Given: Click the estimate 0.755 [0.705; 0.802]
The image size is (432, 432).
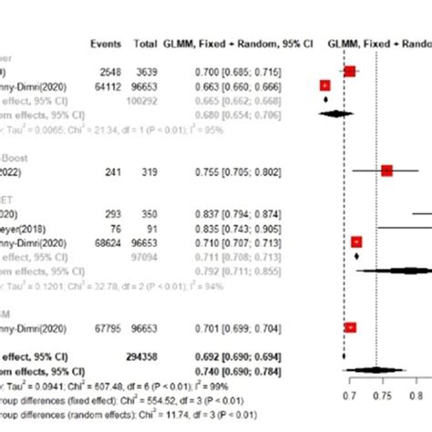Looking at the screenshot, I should point(240,170).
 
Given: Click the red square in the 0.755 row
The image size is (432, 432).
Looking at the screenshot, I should point(386,170).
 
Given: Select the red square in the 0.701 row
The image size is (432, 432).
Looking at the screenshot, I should point(350,326).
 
